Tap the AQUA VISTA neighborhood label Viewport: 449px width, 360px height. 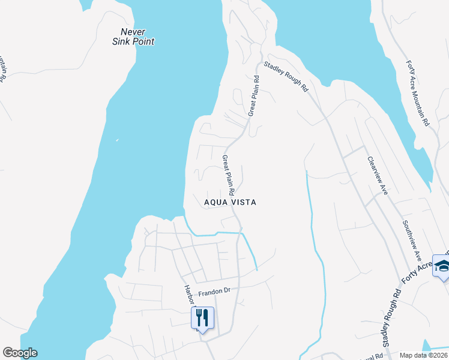[x=230, y=202]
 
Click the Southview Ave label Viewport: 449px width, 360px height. [x=412, y=239]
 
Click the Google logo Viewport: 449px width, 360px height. [x=20, y=353]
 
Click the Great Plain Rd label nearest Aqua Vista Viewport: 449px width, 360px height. [x=229, y=170]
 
